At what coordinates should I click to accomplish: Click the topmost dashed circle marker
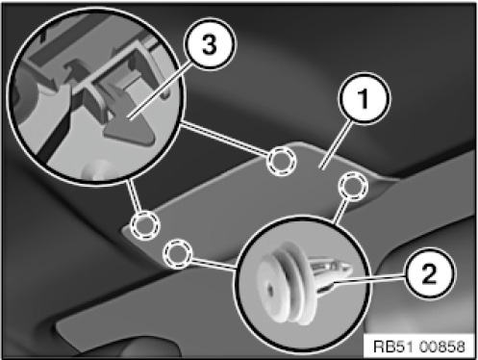tap(281, 161)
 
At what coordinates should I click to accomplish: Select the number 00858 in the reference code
tap(442, 347)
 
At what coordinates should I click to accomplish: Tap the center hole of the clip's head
tap(270, 290)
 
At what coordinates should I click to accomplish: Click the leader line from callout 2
tap(368, 278)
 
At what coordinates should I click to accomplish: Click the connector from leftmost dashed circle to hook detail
tap(134, 195)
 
